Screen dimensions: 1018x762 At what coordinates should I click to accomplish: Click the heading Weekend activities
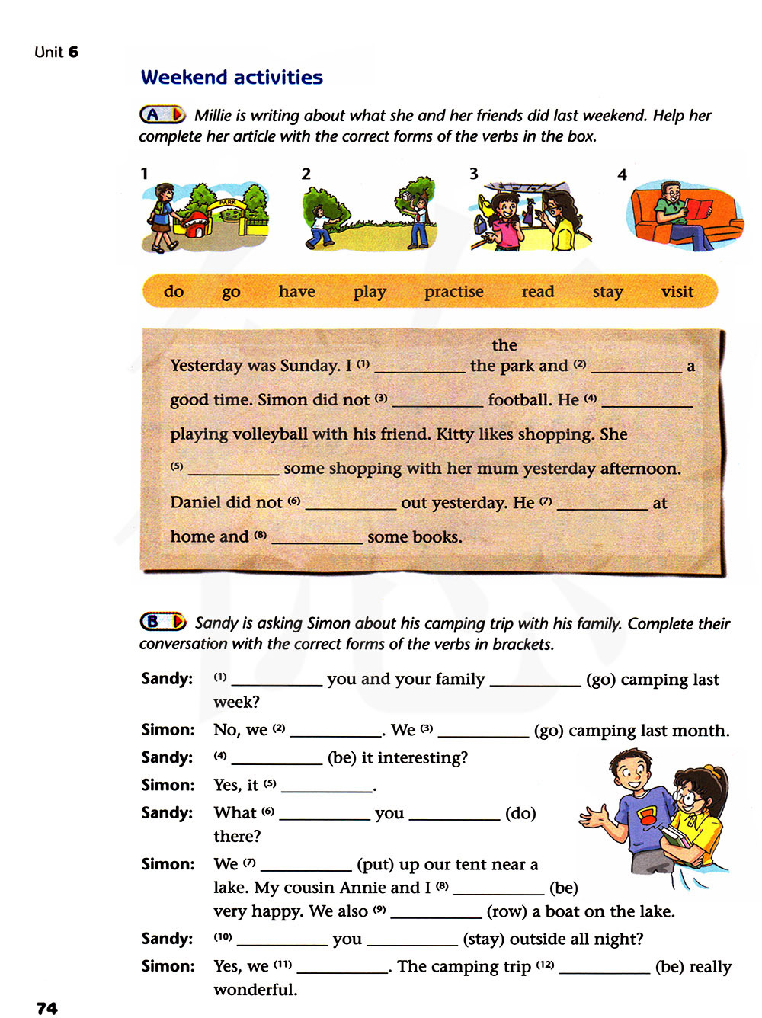232,77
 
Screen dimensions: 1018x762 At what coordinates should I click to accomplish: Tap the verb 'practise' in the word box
453,292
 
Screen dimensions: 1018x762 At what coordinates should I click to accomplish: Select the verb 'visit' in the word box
677,292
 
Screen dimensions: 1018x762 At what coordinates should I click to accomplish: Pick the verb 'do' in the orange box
174,292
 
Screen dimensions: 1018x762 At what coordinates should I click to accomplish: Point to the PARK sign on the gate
228,203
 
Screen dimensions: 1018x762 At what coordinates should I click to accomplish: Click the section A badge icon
162,115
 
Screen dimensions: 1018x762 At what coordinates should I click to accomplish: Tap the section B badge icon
162,622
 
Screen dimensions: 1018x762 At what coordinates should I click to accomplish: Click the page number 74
46,1008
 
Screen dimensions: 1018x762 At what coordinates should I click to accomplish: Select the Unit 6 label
56,52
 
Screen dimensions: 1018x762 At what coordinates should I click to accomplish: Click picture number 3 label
473,174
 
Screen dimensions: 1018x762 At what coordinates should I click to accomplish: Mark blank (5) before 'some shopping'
233,469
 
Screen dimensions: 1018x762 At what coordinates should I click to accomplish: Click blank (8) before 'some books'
317,538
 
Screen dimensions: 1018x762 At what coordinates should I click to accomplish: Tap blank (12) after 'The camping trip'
604,968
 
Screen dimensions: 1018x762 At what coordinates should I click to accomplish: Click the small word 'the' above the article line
504,345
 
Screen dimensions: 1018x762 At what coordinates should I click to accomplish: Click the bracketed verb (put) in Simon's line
375,864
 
